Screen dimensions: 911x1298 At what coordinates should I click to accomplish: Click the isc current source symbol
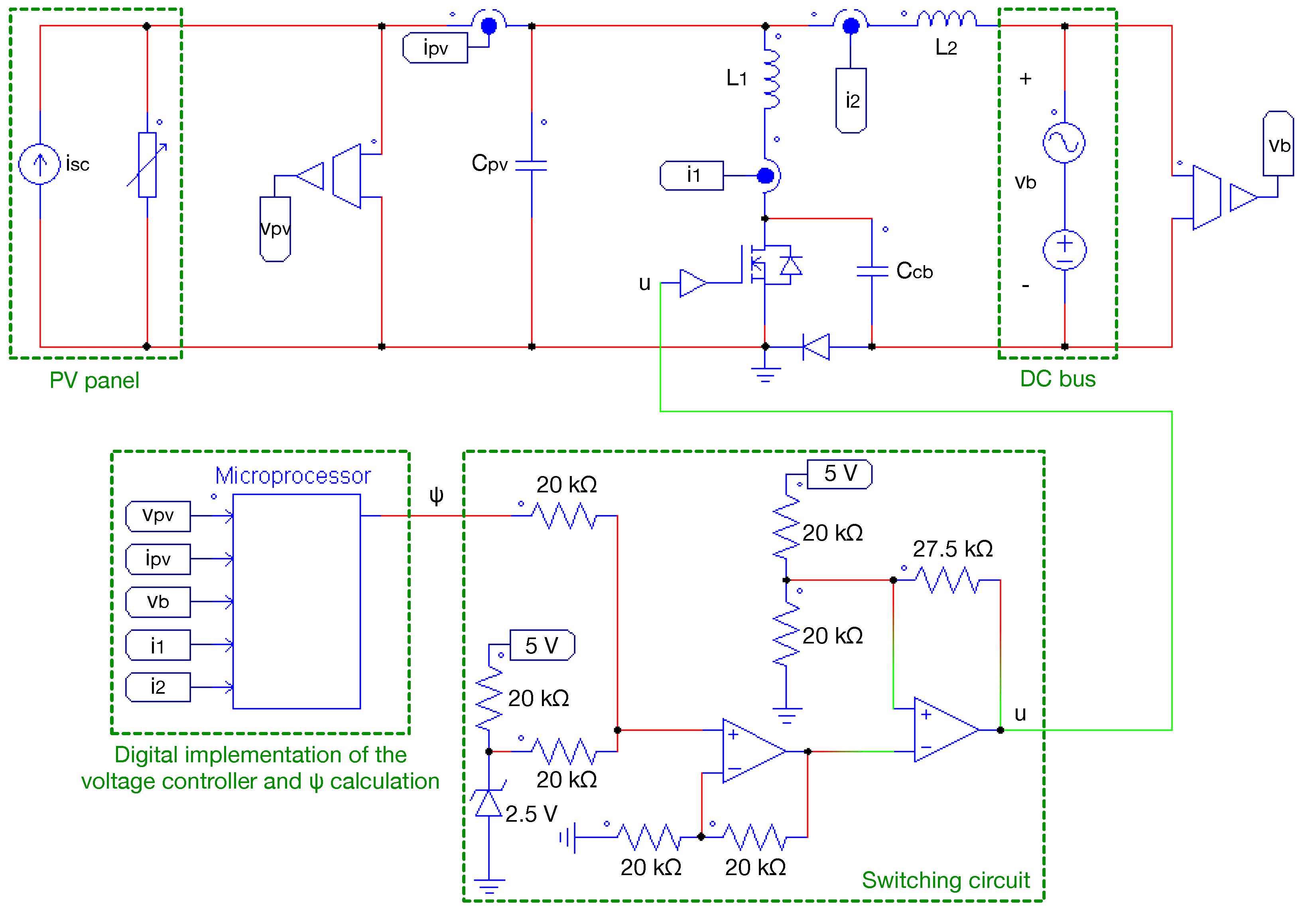pyautogui.click(x=39, y=164)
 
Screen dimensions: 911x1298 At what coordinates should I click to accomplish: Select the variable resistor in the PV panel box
pyautogui.click(x=148, y=165)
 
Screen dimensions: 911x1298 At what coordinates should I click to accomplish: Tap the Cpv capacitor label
pyautogui.click(x=490, y=163)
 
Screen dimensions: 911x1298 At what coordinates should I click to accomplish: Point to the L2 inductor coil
pyautogui.click(x=946, y=20)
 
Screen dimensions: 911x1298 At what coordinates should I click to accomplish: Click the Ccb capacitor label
pyautogui.click(x=914, y=271)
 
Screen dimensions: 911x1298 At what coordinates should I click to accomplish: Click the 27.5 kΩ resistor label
pyautogui.click(x=953, y=549)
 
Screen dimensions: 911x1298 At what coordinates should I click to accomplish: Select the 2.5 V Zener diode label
pyautogui.click(x=531, y=814)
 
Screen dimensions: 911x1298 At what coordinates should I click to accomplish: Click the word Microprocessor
pyautogui.click(x=293, y=476)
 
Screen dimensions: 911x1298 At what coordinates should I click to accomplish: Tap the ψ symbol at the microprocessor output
pyautogui.click(x=436, y=496)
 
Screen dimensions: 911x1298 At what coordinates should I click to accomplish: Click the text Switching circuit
pyautogui.click(x=945, y=880)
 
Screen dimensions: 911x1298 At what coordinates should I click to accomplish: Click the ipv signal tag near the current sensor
pyautogui.click(x=435, y=48)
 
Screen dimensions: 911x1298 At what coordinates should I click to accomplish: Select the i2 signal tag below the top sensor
pyautogui.click(x=851, y=100)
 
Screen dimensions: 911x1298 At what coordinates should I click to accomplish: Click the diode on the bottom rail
pyautogui.click(x=816, y=346)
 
